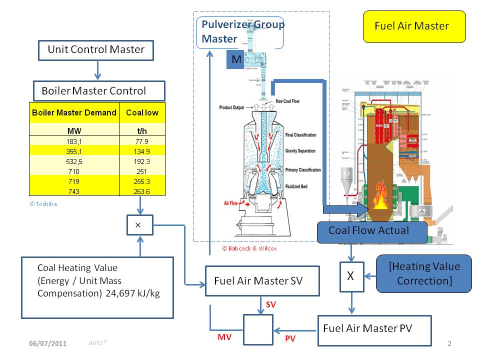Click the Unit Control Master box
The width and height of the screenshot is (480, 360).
[x=95, y=50]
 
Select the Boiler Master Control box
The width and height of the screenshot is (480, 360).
[x=98, y=91]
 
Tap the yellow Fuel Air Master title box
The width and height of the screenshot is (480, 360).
[x=413, y=26]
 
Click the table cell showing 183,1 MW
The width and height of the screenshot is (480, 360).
[x=74, y=141]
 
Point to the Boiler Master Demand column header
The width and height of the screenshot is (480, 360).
[x=74, y=113]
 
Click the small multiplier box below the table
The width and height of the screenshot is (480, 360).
[x=138, y=225]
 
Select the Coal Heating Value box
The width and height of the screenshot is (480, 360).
[x=97, y=287]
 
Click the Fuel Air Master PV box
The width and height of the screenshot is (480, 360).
[x=374, y=330]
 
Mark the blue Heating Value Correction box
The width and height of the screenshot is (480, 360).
[x=423, y=273]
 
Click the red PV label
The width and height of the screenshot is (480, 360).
[x=290, y=339]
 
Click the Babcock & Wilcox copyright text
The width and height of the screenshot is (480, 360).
[x=249, y=248]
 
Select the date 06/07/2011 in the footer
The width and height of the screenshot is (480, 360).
[x=47, y=344]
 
